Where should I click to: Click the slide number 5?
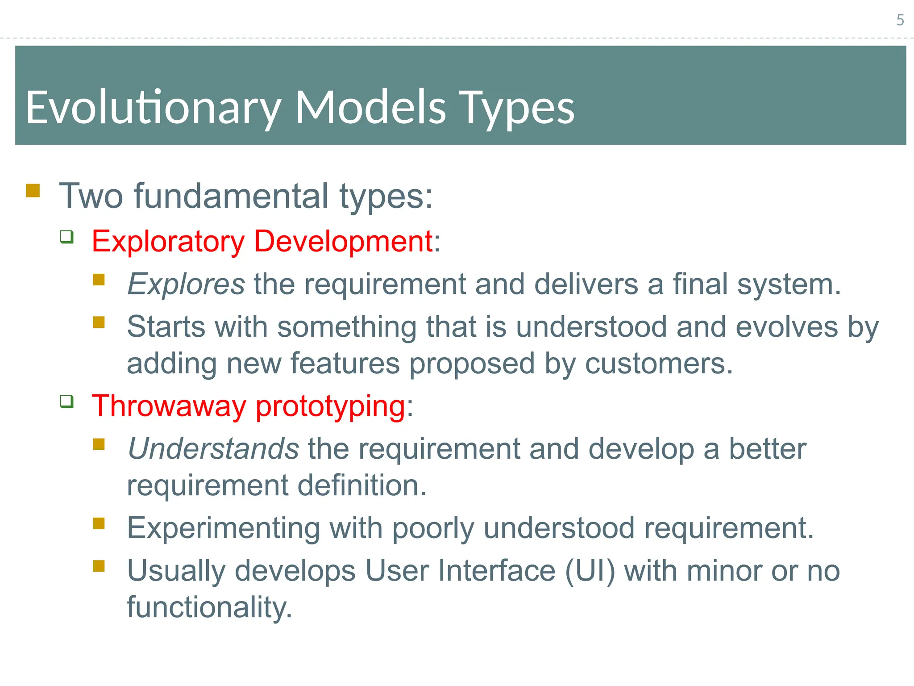[x=900, y=20]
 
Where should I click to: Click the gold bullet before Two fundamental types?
[x=33, y=191]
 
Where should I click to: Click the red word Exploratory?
[x=168, y=241]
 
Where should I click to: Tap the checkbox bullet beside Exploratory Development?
[x=67, y=237]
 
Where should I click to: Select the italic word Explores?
[x=186, y=284]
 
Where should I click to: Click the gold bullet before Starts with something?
[x=99, y=322]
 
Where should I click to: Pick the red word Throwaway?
[x=169, y=406]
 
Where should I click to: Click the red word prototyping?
[x=330, y=406]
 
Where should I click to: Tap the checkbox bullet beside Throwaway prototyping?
[x=67, y=401]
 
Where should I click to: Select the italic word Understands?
[x=213, y=448]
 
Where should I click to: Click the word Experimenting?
[x=223, y=528]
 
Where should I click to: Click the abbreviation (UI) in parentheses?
[x=590, y=571]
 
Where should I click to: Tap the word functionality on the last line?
[x=209, y=607]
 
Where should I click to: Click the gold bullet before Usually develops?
[x=99, y=566]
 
